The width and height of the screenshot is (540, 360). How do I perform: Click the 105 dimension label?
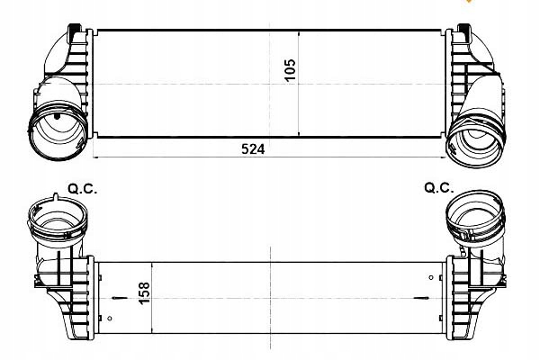tap(291, 69)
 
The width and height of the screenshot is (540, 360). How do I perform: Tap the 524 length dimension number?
tap(253, 149)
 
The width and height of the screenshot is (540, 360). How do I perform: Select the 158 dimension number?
tap(145, 292)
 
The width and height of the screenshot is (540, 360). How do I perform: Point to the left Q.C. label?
tap(83, 189)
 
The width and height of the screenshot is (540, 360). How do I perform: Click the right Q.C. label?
tap(439, 188)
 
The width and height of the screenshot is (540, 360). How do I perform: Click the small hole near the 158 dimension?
tap(110, 318)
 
